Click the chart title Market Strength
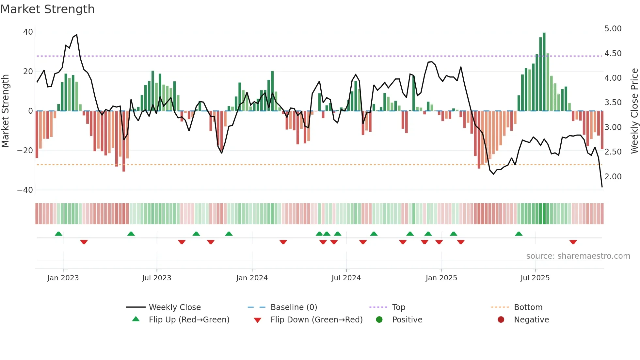(x=47, y=9)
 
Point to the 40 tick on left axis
(x=28, y=32)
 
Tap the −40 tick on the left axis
(x=25, y=190)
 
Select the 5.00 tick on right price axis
(x=613, y=29)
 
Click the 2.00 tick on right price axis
(x=613, y=177)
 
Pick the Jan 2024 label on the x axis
(x=252, y=278)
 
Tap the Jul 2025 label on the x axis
(x=535, y=278)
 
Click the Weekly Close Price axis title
(x=634, y=111)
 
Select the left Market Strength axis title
(x=6, y=111)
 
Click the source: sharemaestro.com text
(x=578, y=256)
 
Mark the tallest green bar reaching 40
(x=544, y=72)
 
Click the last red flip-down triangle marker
(x=573, y=242)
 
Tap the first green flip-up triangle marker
(x=58, y=234)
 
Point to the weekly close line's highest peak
(x=76, y=35)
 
